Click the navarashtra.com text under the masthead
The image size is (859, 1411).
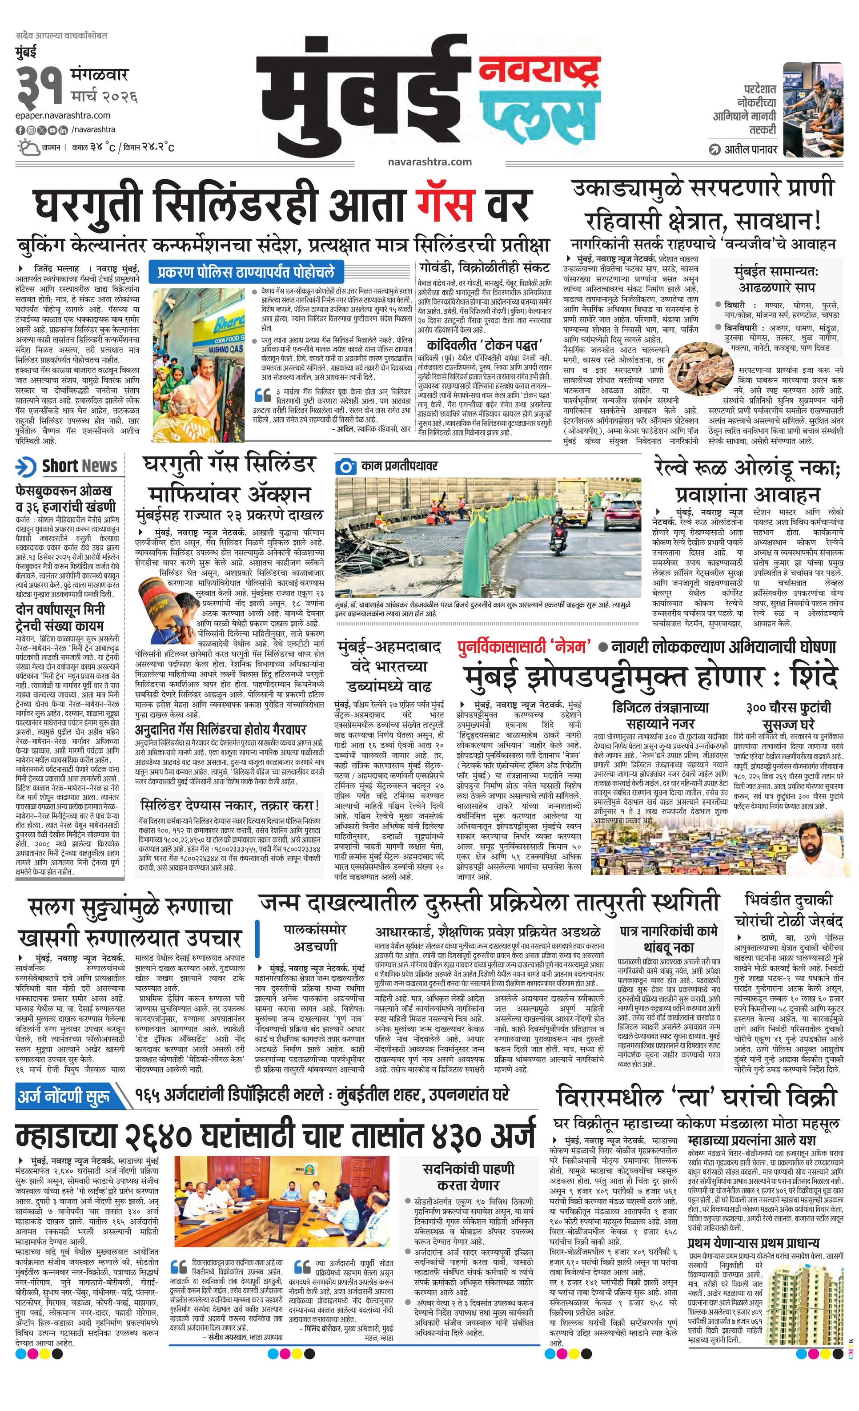point(429,161)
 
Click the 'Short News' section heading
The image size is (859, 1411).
point(79,467)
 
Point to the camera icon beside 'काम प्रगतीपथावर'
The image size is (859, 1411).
point(345,466)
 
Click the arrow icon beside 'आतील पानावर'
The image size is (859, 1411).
point(714,150)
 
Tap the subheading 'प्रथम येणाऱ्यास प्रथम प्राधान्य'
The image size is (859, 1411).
point(753,1244)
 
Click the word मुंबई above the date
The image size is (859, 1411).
point(26,52)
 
